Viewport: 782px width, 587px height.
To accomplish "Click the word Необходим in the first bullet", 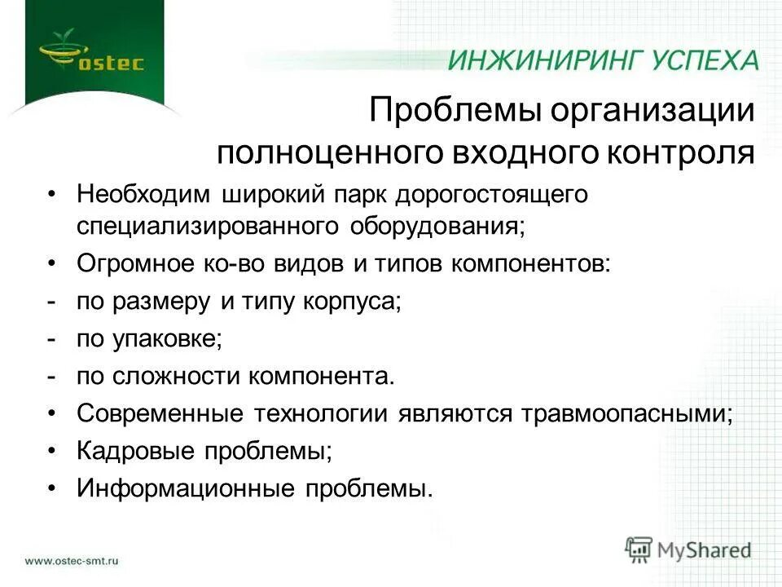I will click(x=143, y=195).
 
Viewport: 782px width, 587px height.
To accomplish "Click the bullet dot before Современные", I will click(x=52, y=413).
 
